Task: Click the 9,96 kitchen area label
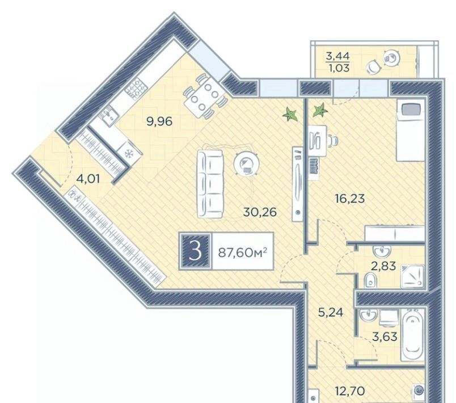tap(160, 121)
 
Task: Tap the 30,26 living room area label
tap(260, 212)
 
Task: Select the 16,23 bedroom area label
tap(350, 199)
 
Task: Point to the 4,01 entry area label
tap(88, 179)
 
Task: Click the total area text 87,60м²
tap(243, 251)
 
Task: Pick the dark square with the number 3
tap(195, 251)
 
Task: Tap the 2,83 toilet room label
tap(384, 266)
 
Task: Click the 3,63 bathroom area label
tap(385, 337)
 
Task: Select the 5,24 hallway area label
tap(331, 312)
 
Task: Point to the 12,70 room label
tap(350, 391)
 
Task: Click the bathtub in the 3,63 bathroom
tap(413, 335)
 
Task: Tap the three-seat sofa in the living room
tap(210, 184)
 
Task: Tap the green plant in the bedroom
tap(320, 111)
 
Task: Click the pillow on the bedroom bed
tap(412, 110)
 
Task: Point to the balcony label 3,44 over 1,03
tap(337, 62)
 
